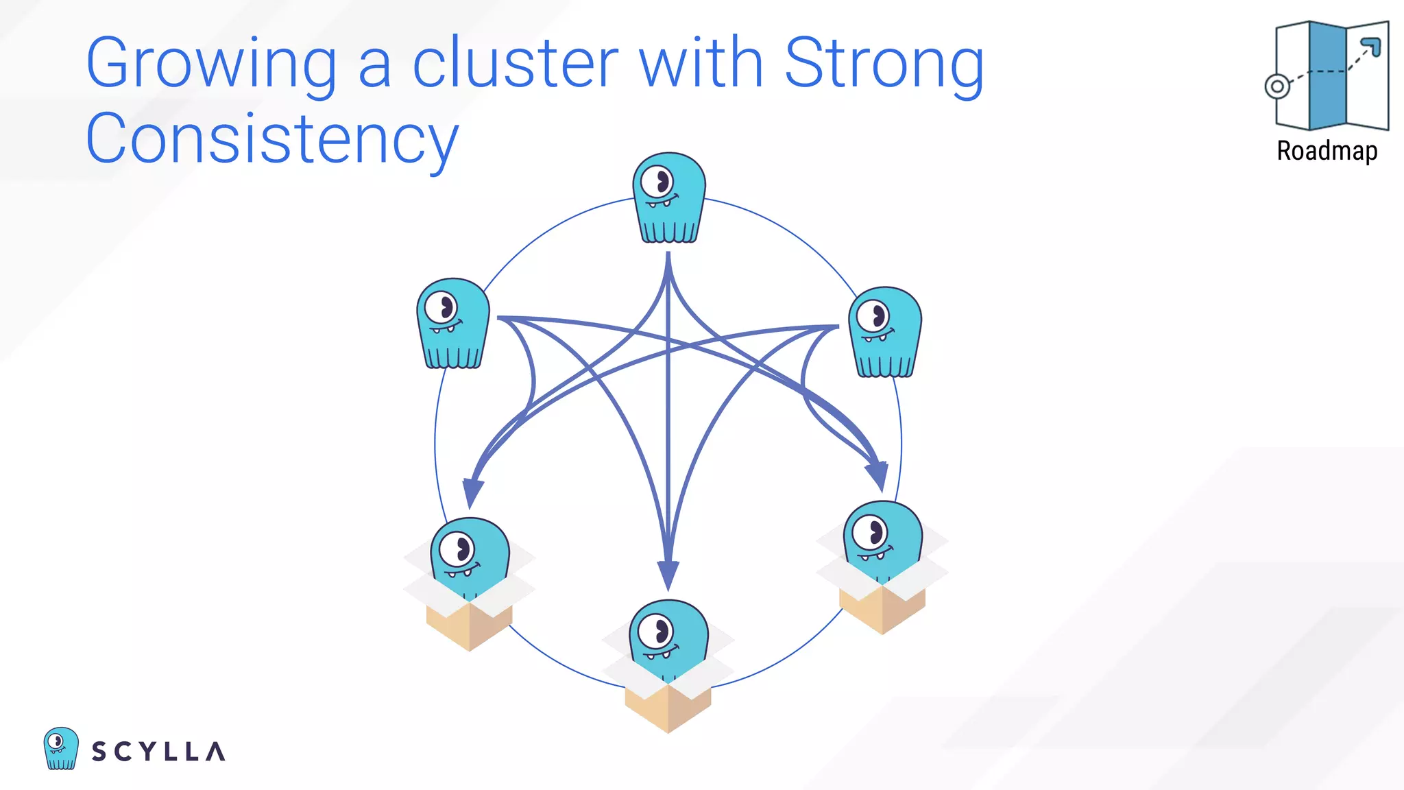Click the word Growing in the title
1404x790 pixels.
(211, 65)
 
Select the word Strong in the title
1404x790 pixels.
(884, 65)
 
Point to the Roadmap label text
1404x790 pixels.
(1327, 151)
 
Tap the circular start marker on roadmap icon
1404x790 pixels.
(1277, 86)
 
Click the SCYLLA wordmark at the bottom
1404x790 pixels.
(158, 752)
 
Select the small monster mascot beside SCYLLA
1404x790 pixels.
(61, 748)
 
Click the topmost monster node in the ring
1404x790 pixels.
(669, 197)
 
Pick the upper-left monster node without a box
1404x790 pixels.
(453, 323)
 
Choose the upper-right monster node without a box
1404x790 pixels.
(885, 332)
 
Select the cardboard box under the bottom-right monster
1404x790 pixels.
(882, 607)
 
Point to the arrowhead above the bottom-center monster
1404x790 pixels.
(668, 575)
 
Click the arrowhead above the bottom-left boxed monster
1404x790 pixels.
(472, 492)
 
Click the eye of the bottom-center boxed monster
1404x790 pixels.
(656, 632)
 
